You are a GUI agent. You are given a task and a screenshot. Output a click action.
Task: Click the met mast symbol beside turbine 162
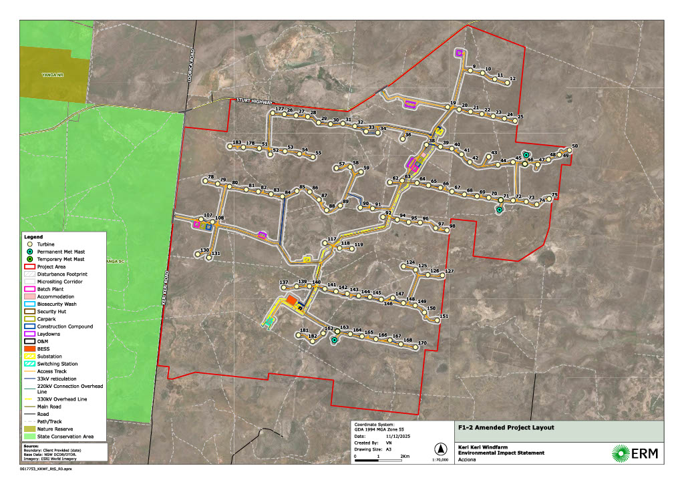pyautogui.click(x=334, y=340)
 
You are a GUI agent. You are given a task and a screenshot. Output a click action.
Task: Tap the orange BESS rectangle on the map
pyautogui.click(x=292, y=302)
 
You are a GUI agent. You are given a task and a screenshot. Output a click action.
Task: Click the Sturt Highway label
pyautogui.click(x=254, y=101)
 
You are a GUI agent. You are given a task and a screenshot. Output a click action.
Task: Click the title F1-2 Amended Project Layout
pyautogui.click(x=497, y=428)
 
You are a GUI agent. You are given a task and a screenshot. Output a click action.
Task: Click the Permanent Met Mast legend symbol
pyautogui.click(x=29, y=251)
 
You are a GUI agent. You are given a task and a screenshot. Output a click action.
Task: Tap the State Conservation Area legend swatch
pyautogui.click(x=29, y=437)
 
